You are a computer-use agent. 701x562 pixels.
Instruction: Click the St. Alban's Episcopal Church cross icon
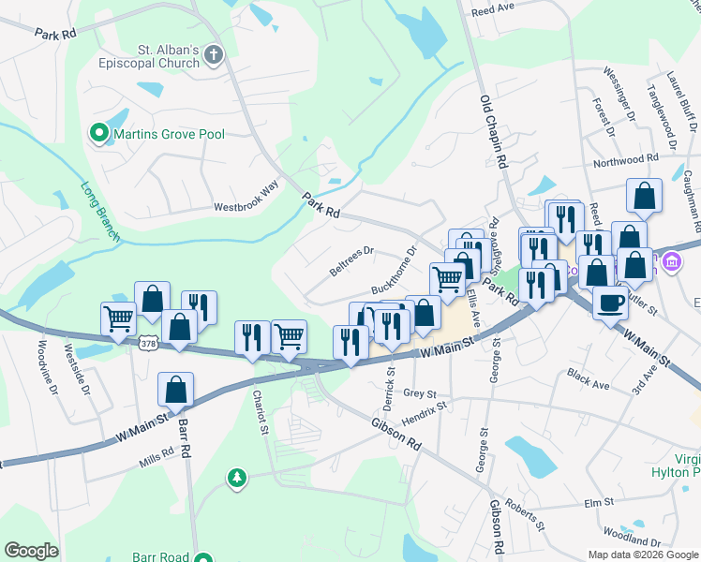pyautogui.click(x=214, y=54)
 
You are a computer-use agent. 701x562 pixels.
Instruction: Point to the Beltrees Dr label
pyautogui.click(x=351, y=261)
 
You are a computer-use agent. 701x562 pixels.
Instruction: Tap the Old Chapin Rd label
pyautogui.click(x=493, y=131)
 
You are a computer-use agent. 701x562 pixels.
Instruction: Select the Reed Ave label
pyautogui.click(x=493, y=7)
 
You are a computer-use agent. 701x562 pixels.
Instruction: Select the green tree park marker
pyautogui.click(x=238, y=479)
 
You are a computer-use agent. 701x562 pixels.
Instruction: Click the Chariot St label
pyautogui.click(x=260, y=412)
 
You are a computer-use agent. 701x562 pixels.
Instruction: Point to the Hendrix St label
pyautogui.click(x=425, y=414)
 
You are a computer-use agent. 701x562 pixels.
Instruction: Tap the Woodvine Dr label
pyautogui.click(x=43, y=365)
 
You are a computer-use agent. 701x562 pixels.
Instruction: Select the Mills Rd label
pyautogui.click(x=156, y=452)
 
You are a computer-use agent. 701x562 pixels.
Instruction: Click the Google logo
pyautogui.click(x=32, y=552)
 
